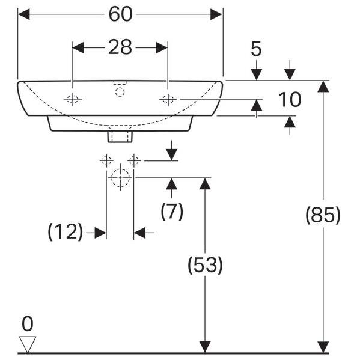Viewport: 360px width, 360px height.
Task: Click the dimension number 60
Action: [121, 14]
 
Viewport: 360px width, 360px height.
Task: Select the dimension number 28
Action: [120, 47]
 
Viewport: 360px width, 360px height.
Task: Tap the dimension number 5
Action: [256, 49]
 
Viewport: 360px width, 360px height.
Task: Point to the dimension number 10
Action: [290, 99]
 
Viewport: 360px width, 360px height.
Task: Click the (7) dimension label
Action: [172, 211]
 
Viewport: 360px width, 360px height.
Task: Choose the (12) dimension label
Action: [65, 232]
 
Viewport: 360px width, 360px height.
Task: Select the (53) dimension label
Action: [205, 265]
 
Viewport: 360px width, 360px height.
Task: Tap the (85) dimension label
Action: [323, 215]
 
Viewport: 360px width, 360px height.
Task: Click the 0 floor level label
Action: [28, 324]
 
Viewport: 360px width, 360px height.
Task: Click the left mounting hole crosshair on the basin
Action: [73, 99]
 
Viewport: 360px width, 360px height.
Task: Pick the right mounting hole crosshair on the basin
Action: [168, 99]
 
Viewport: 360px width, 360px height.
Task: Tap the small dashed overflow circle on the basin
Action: [120, 92]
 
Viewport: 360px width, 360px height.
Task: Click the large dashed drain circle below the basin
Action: [120, 178]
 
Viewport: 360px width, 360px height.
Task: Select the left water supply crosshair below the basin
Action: [106, 160]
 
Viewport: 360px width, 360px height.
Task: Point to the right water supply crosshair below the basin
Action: [134, 160]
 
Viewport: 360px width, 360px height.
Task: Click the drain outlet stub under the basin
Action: [120, 136]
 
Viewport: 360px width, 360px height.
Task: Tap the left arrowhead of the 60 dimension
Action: [24, 14]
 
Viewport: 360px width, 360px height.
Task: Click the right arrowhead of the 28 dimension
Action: [162, 47]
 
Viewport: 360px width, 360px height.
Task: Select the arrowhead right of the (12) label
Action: [100, 233]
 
